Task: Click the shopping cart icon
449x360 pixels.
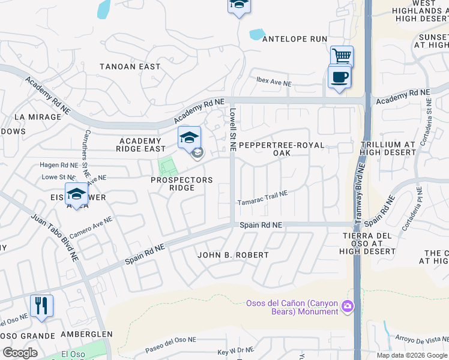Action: coord(342,56)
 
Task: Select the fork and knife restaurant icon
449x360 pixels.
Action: coord(41,305)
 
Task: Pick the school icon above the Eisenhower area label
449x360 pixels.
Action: coord(76,194)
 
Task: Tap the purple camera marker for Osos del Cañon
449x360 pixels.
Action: coord(346,307)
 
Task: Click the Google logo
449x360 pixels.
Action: coord(20,353)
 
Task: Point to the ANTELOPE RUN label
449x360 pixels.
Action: coord(294,39)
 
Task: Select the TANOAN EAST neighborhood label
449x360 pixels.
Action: coord(130,67)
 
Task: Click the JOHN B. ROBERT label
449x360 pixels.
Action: coord(234,255)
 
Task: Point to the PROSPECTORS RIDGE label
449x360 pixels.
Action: coord(182,184)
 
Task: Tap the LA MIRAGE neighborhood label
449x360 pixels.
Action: coord(38,117)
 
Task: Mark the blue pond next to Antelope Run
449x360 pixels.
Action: coord(256,34)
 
